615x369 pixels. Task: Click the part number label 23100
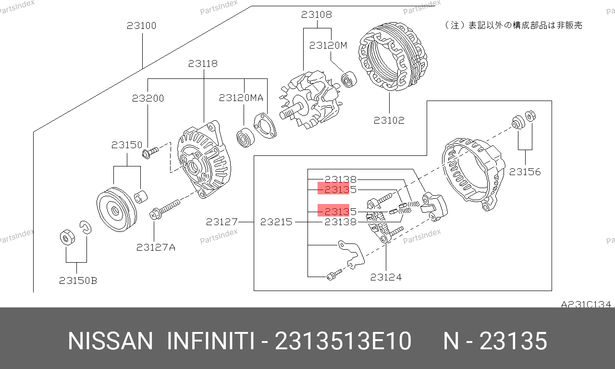[141, 25]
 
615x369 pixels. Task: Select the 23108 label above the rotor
[317, 14]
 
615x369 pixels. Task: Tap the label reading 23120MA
[241, 98]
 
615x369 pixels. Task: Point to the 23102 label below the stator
[389, 120]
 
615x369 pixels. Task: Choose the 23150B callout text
[78, 280]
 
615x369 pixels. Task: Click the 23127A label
[156, 247]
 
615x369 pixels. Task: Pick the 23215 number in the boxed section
[276, 222]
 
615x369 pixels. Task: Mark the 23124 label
[386, 277]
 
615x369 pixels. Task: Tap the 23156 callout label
[525, 172]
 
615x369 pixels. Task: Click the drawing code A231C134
[586, 305]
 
